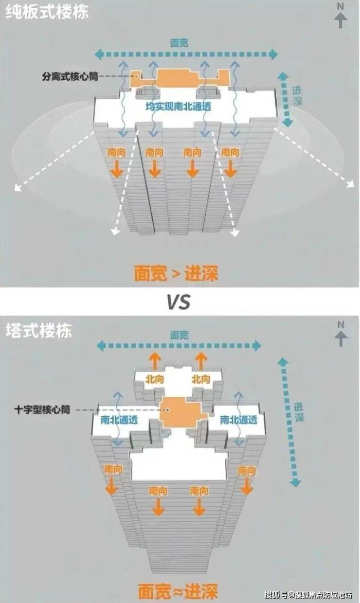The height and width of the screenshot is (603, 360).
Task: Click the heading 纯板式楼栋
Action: click(47, 12)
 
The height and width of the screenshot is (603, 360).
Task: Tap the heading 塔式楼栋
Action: click(38, 331)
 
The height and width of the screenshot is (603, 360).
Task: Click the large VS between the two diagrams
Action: click(179, 302)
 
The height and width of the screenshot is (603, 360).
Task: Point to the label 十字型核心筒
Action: click(42, 410)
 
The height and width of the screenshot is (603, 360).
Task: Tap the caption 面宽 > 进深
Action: click(176, 274)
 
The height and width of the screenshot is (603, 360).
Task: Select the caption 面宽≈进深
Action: click(177, 591)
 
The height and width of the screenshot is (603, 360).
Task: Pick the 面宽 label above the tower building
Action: click(179, 335)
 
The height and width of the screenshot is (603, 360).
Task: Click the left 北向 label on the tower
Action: click(154, 379)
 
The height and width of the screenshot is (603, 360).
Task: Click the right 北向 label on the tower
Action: click(200, 379)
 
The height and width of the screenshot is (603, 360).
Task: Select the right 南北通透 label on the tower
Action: click(238, 419)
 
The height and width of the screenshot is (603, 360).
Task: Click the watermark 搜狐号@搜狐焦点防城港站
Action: click(308, 595)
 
